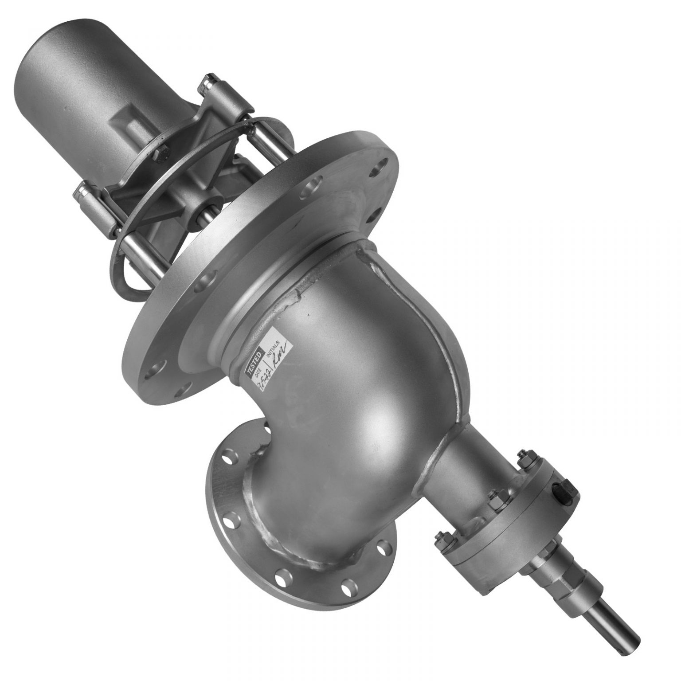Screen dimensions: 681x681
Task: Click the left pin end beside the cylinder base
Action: pyautogui.click(x=82, y=191)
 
